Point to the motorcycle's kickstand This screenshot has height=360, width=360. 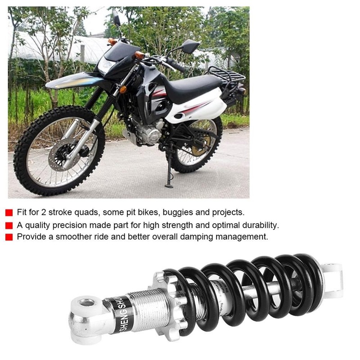click(169, 171)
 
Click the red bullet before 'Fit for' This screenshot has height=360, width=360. click(9, 212)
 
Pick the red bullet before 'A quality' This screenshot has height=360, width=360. click(9, 225)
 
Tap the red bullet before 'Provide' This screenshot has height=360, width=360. click(9, 237)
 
